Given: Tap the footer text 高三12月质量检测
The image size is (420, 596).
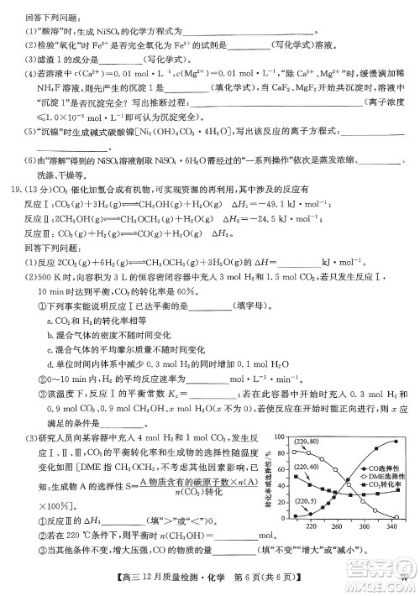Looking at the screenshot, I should (x=161, y=580).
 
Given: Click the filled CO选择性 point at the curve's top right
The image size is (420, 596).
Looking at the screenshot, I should (x=394, y=442).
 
